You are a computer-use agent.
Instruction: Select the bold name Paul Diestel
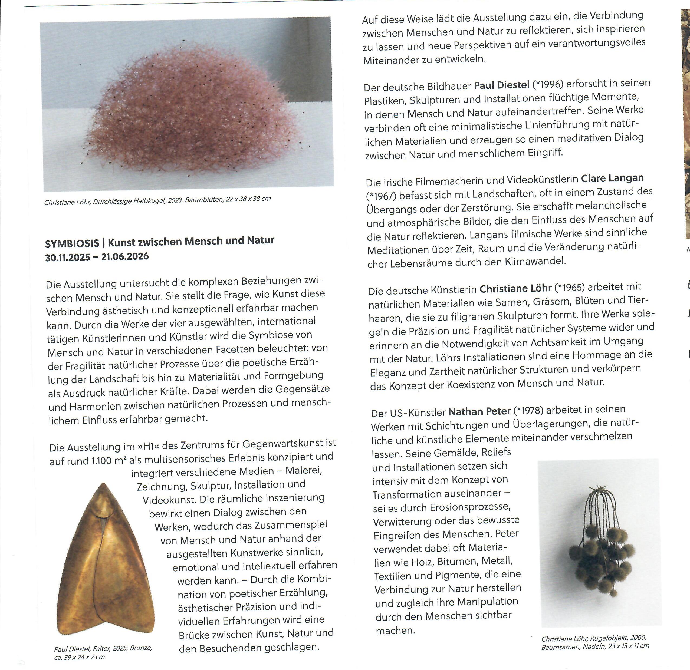coord(502,85)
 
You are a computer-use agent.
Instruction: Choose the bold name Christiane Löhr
coord(515,289)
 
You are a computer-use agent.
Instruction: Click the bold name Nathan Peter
coord(479,411)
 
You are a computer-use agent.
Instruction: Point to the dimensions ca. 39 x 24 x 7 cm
coord(79,657)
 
